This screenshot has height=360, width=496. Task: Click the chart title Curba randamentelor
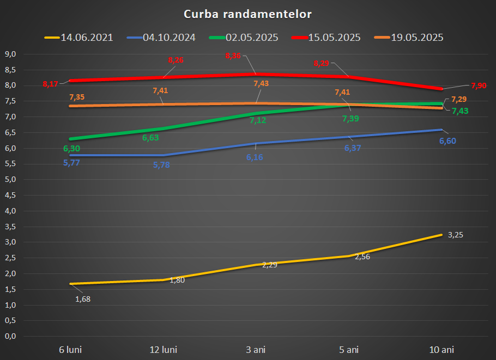pos(248,14)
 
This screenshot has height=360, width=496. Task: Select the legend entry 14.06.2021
pos(87,38)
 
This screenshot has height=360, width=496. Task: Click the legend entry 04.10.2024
pos(169,38)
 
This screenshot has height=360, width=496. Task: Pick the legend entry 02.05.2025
pos(252,38)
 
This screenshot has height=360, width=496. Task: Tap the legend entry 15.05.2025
pos(334,38)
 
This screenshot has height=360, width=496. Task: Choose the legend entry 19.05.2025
pos(417,38)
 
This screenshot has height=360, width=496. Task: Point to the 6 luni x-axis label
pos(70,349)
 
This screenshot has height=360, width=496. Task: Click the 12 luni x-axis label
pos(163,349)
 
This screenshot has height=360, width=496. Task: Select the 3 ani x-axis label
pos(255,349)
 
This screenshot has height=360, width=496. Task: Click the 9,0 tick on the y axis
pos(11,54)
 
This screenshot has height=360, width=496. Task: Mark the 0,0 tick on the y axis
pos(11,337)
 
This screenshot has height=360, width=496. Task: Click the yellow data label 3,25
pos(456,235)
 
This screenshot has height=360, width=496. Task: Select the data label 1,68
pos(83,298)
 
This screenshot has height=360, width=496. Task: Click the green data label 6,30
pos(72,149)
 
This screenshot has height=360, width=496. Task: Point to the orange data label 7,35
pos(77,97)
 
